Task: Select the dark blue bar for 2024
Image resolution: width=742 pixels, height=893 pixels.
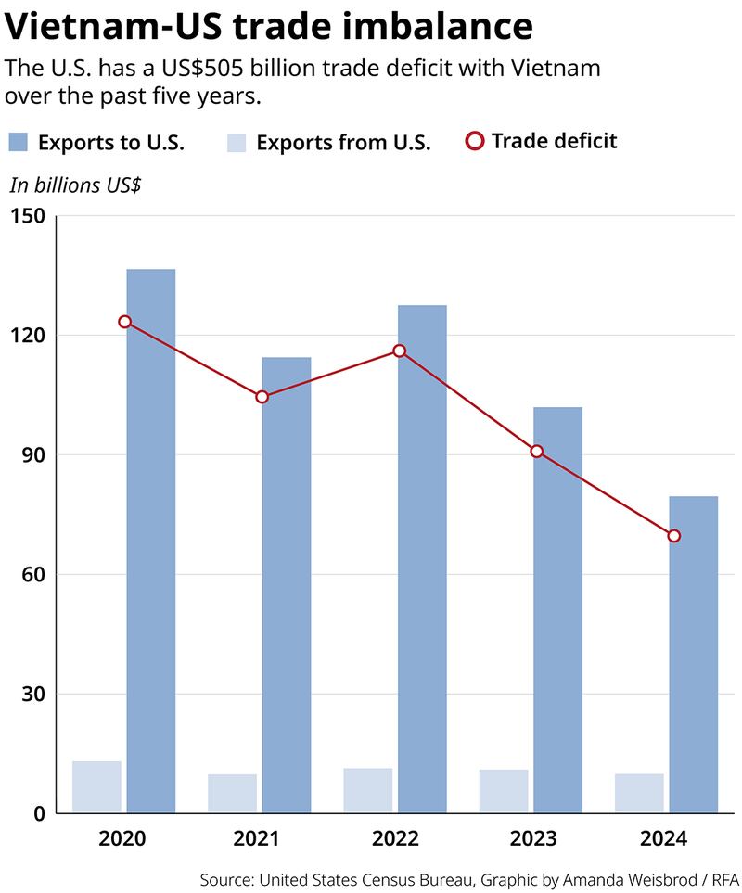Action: [x=693, y=655]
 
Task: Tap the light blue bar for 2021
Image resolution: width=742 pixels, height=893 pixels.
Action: [x=232, y=794]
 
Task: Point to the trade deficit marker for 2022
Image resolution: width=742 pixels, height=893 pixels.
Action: [x=399, y=351]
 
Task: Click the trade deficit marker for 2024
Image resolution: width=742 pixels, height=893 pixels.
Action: [x=673, y=536]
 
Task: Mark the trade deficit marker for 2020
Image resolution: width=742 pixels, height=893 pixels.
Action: [x=124, y=322]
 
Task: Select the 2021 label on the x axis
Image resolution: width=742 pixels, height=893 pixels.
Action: [x=256, y=839]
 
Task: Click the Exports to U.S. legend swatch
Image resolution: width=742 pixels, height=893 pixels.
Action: [x=18, y=142]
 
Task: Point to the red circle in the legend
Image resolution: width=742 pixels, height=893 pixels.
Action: [x=474, y=142]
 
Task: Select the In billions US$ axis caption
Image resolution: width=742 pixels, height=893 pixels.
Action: [x=75, y=185]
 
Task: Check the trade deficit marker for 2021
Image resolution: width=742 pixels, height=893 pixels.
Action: [x=262, y=397]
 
